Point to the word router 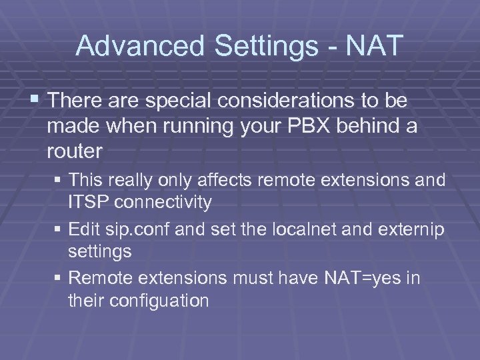pyautogui.click(x=75, y=151)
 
